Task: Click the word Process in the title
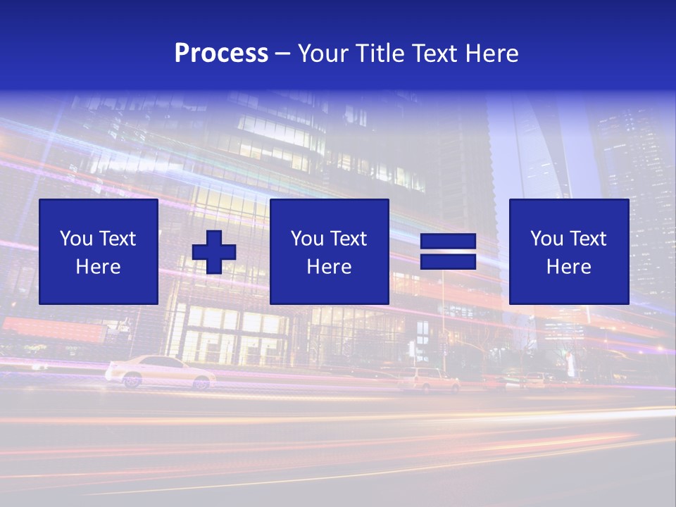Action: [221, 54]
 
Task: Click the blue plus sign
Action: [214, 252]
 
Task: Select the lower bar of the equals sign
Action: [448, 261]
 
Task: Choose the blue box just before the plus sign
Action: [99, 251]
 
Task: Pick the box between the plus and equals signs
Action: [329, 251]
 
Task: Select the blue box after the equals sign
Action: [568, 251]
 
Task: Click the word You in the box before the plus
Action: [75, 239]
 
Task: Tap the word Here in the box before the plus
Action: [99, 267]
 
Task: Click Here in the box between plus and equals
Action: [329, 267]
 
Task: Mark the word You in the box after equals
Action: [546, 239]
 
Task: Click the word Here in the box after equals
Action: [568, 267]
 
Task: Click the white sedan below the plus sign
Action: [161, 372]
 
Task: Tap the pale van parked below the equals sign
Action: [429, 380]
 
